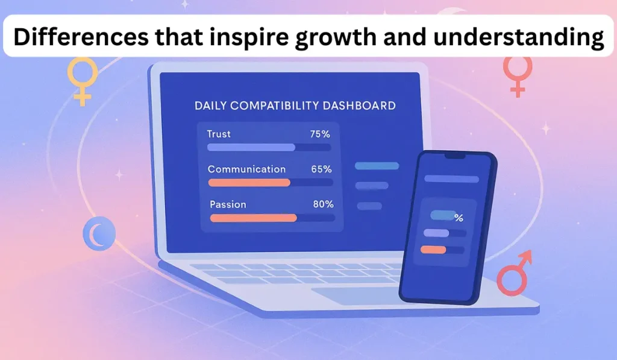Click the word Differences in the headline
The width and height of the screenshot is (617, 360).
click(x=81, y=37)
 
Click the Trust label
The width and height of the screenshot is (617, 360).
click(x=219, y=134)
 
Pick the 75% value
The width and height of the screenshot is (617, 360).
click(x=320, y=134)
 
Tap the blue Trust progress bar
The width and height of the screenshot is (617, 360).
click(x=251, y=147)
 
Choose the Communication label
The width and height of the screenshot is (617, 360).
click(x=246, y=169)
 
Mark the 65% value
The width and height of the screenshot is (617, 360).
click(x=322, y=169)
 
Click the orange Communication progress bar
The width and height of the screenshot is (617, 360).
click(x=249, y=182)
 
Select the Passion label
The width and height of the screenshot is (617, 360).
click(x=228, y=204)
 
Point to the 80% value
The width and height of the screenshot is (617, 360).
click(x=324, y=204)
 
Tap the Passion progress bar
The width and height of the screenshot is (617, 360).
click(x=254, y=218)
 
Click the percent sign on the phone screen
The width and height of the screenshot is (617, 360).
click(x=459, y=218)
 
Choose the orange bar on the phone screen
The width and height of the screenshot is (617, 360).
click(x=433, y=249)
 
